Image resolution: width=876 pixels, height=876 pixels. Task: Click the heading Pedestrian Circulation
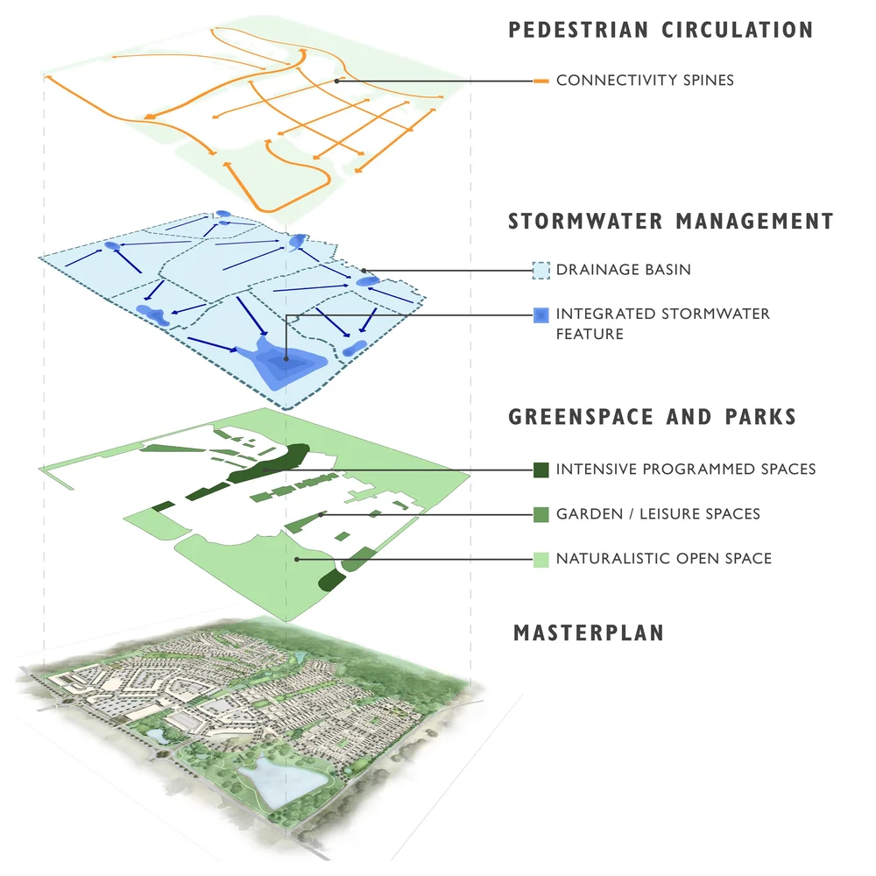point(661,29)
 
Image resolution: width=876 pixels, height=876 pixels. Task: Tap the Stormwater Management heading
point(671,222)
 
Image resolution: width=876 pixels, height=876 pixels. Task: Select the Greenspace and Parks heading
point(653,416)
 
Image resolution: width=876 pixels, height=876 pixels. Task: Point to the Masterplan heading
point(589,632)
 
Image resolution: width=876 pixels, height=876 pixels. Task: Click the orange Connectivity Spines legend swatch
point(540,81)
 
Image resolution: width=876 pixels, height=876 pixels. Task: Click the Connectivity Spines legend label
point(645,81)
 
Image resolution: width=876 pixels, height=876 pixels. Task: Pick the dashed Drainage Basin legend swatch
point(540,270)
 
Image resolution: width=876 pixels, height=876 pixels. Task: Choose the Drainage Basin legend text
point(623,270)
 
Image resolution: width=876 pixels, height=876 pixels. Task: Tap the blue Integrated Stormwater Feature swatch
point(540,314)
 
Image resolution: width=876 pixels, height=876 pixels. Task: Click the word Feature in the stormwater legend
point(590,334)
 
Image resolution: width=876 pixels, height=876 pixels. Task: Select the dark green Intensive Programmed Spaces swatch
point(540,470)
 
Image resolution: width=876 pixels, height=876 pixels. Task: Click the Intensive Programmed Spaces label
point(685,470)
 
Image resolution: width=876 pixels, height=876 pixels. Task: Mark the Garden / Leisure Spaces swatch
point(540,514)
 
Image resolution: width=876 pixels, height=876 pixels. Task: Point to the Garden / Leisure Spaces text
point(658,514)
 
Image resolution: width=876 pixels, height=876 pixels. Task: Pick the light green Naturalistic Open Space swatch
point(540,558)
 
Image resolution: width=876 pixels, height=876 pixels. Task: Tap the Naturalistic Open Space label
point(663,558)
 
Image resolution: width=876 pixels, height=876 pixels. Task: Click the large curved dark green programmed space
point(267,464)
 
